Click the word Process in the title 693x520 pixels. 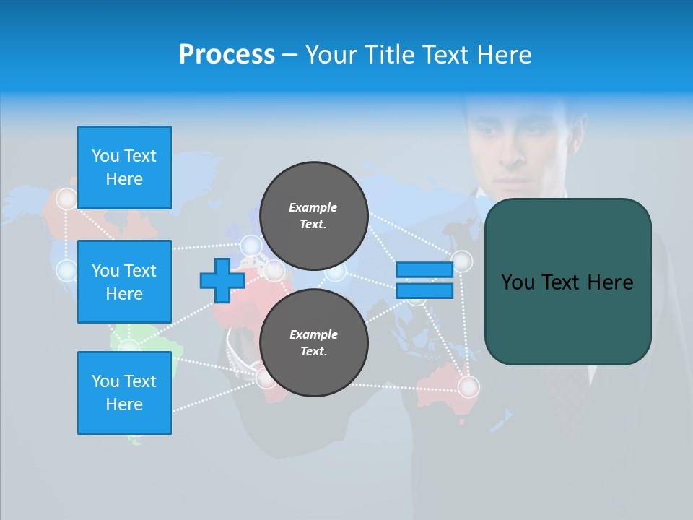click(227, 55)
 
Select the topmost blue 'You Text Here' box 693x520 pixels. click(124, 168)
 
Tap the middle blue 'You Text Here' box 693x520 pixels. click(124, 282)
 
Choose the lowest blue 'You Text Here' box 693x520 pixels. click(124, 393)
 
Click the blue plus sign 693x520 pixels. click(222, 280)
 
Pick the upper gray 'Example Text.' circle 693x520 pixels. click(313, 215)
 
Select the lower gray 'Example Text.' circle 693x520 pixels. click(313, 342)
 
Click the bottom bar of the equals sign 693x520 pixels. click(424, 290)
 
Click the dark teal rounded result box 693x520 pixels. click(567, 282)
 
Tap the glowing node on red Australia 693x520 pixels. click(468, 387)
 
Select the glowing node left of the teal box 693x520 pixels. click(461, 261)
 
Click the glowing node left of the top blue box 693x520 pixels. click(66, 199)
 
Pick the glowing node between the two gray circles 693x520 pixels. click(335, 272)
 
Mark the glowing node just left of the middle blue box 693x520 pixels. click(66, 271)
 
